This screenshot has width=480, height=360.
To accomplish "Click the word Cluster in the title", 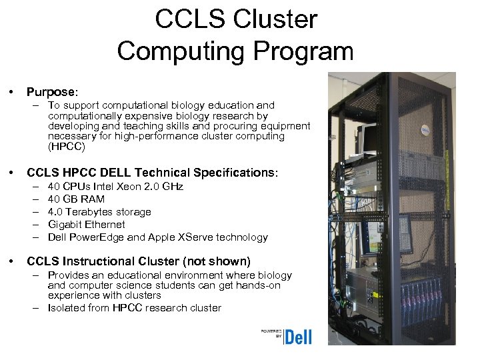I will coord(275,20).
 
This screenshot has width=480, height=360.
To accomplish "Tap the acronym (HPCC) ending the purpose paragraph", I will coord(67,146).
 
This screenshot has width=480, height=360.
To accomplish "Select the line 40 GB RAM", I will coord(77,199).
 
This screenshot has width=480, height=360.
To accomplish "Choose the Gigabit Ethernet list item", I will coord(87,225).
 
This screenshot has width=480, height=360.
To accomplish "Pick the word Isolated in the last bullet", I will coord(66,308).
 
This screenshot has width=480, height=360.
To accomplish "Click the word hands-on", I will coord(261,285).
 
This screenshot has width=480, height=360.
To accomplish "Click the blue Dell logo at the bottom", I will coord(298,337).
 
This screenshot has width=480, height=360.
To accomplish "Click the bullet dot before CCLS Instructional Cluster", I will coord(11,261).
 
